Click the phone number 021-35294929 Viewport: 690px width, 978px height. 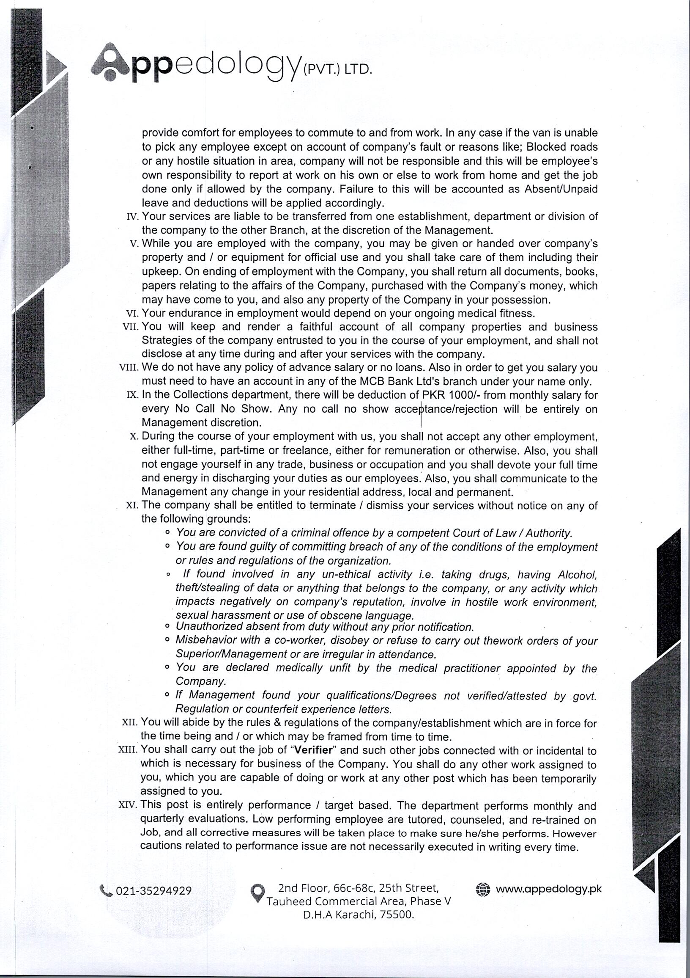153,891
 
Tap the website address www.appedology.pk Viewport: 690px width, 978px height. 549,889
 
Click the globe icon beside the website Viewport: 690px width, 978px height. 483,889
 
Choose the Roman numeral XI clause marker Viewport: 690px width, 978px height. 131,506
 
